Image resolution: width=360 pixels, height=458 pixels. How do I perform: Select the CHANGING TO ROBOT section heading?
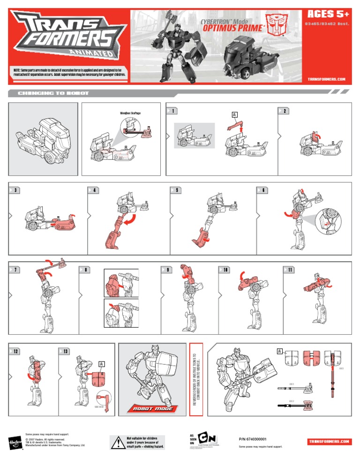[x=53, y=93]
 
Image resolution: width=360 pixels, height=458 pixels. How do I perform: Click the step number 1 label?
[x=172, y=111]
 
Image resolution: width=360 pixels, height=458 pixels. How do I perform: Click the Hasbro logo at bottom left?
[x=15, y=442]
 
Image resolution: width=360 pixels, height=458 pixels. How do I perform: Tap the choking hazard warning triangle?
[x=117, y=442]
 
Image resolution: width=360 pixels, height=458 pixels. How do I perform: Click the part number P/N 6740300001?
[x=253, y=439]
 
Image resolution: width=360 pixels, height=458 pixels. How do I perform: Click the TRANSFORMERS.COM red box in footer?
[x=330, y=442]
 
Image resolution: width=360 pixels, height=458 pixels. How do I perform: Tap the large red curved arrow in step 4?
[x=139, y=218]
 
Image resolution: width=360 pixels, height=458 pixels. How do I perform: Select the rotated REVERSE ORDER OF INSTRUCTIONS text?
[x=195, y=379]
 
